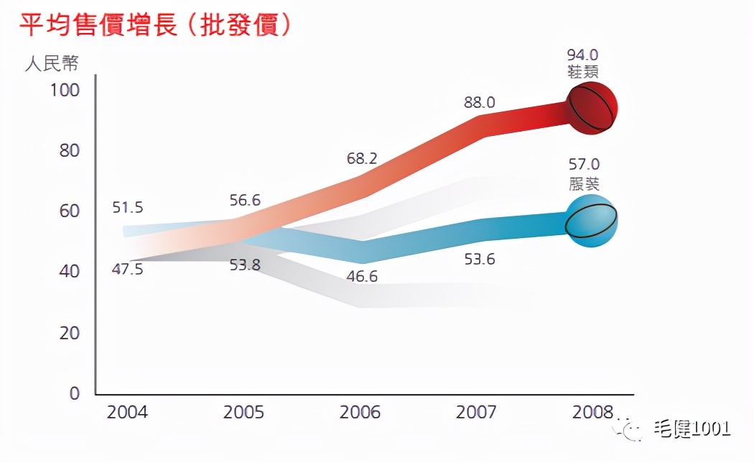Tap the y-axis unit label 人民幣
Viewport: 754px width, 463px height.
52,63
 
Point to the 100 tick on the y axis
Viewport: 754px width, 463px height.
65,91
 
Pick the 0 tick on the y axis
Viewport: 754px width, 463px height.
75,394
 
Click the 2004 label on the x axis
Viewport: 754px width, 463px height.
127,413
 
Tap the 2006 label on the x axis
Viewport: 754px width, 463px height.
360,413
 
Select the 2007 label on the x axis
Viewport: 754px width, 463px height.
476,413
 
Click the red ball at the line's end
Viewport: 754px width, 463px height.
592,108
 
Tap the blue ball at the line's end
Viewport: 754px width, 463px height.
591,221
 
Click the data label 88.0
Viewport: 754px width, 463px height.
479,103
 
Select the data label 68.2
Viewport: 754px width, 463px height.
363,157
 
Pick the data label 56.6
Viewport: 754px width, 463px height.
246,201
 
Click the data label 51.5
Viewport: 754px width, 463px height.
128,208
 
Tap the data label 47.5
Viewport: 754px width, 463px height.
127,270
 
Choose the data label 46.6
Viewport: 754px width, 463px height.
361,276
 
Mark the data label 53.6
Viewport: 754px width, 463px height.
480,260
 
